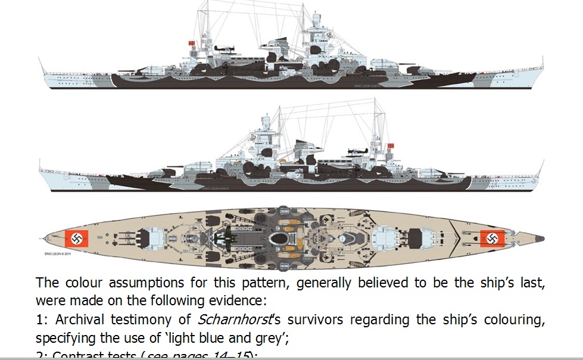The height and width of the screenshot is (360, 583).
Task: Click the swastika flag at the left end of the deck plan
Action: coord(77,239)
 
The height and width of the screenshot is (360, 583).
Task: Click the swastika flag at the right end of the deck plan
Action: coord(492,239)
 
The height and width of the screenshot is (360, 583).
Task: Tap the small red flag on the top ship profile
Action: coord(192,43)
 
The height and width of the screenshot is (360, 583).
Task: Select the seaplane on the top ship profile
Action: coord(223,50)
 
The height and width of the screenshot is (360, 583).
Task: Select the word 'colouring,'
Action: coord(510,320)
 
